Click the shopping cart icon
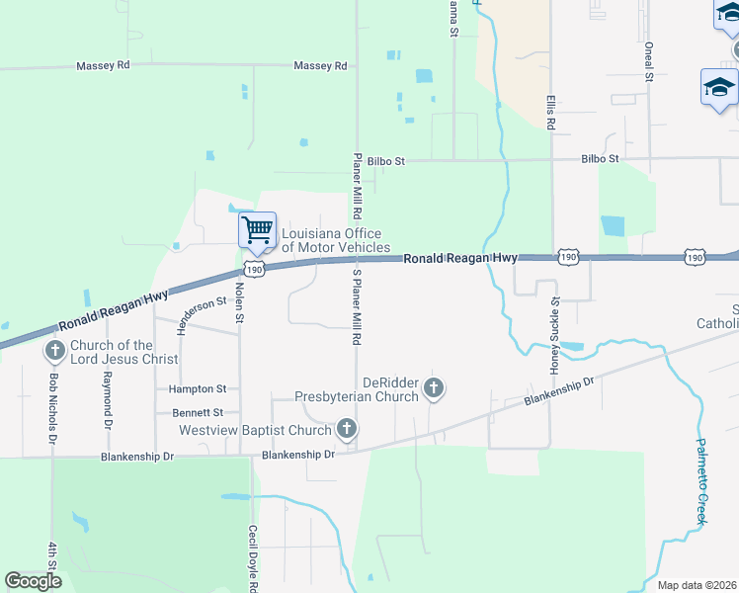(x=257, y=230)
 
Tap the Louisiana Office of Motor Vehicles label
(x=336, y=240)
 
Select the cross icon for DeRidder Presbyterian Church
(x=434, y=389)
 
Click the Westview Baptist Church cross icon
(x=346, y=430)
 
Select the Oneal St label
(x=649, y=61)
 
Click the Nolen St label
(x=239, y=303)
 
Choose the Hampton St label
(x=197, y=389)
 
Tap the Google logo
(x=34, y=581)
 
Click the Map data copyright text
(x=698, y=585)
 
